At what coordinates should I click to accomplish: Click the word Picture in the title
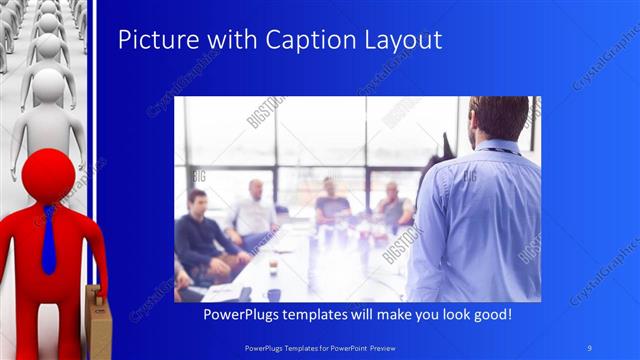point(152,40)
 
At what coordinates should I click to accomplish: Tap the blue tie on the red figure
point(48,240)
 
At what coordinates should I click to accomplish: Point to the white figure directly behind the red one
point(46,110)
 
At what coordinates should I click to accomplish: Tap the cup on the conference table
point(273,294)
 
